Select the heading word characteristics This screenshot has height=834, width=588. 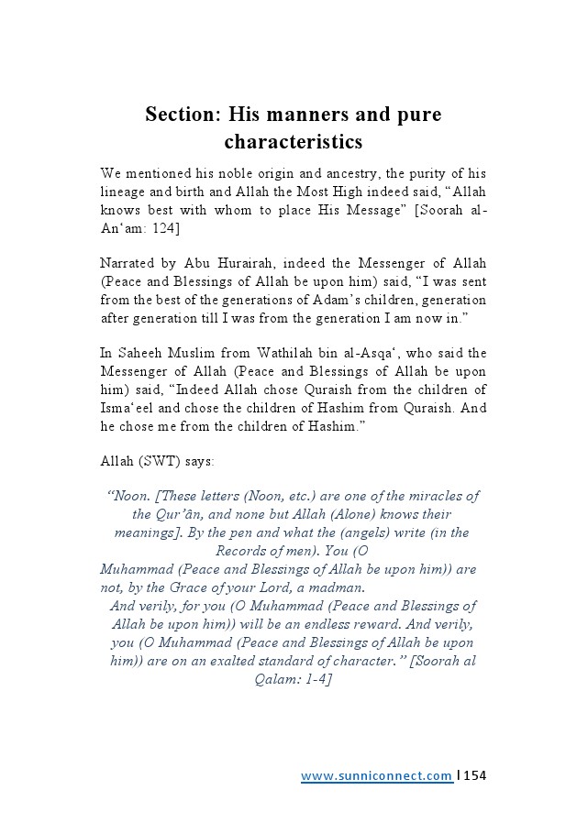coord(294,142)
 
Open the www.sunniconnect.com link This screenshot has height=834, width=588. coord(376,776)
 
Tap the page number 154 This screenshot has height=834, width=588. coord(475,776)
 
